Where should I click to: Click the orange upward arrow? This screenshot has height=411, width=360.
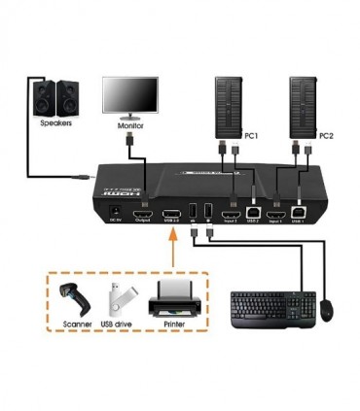coord(172,256)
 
